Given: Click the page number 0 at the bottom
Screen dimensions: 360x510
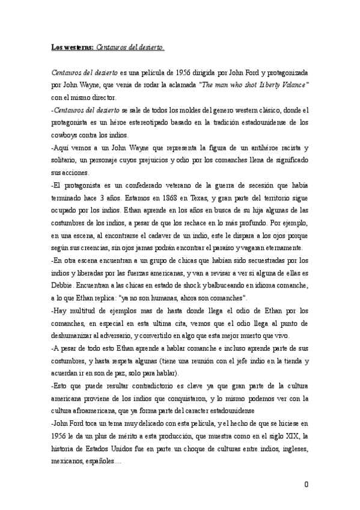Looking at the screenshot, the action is tap(307, 485).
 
